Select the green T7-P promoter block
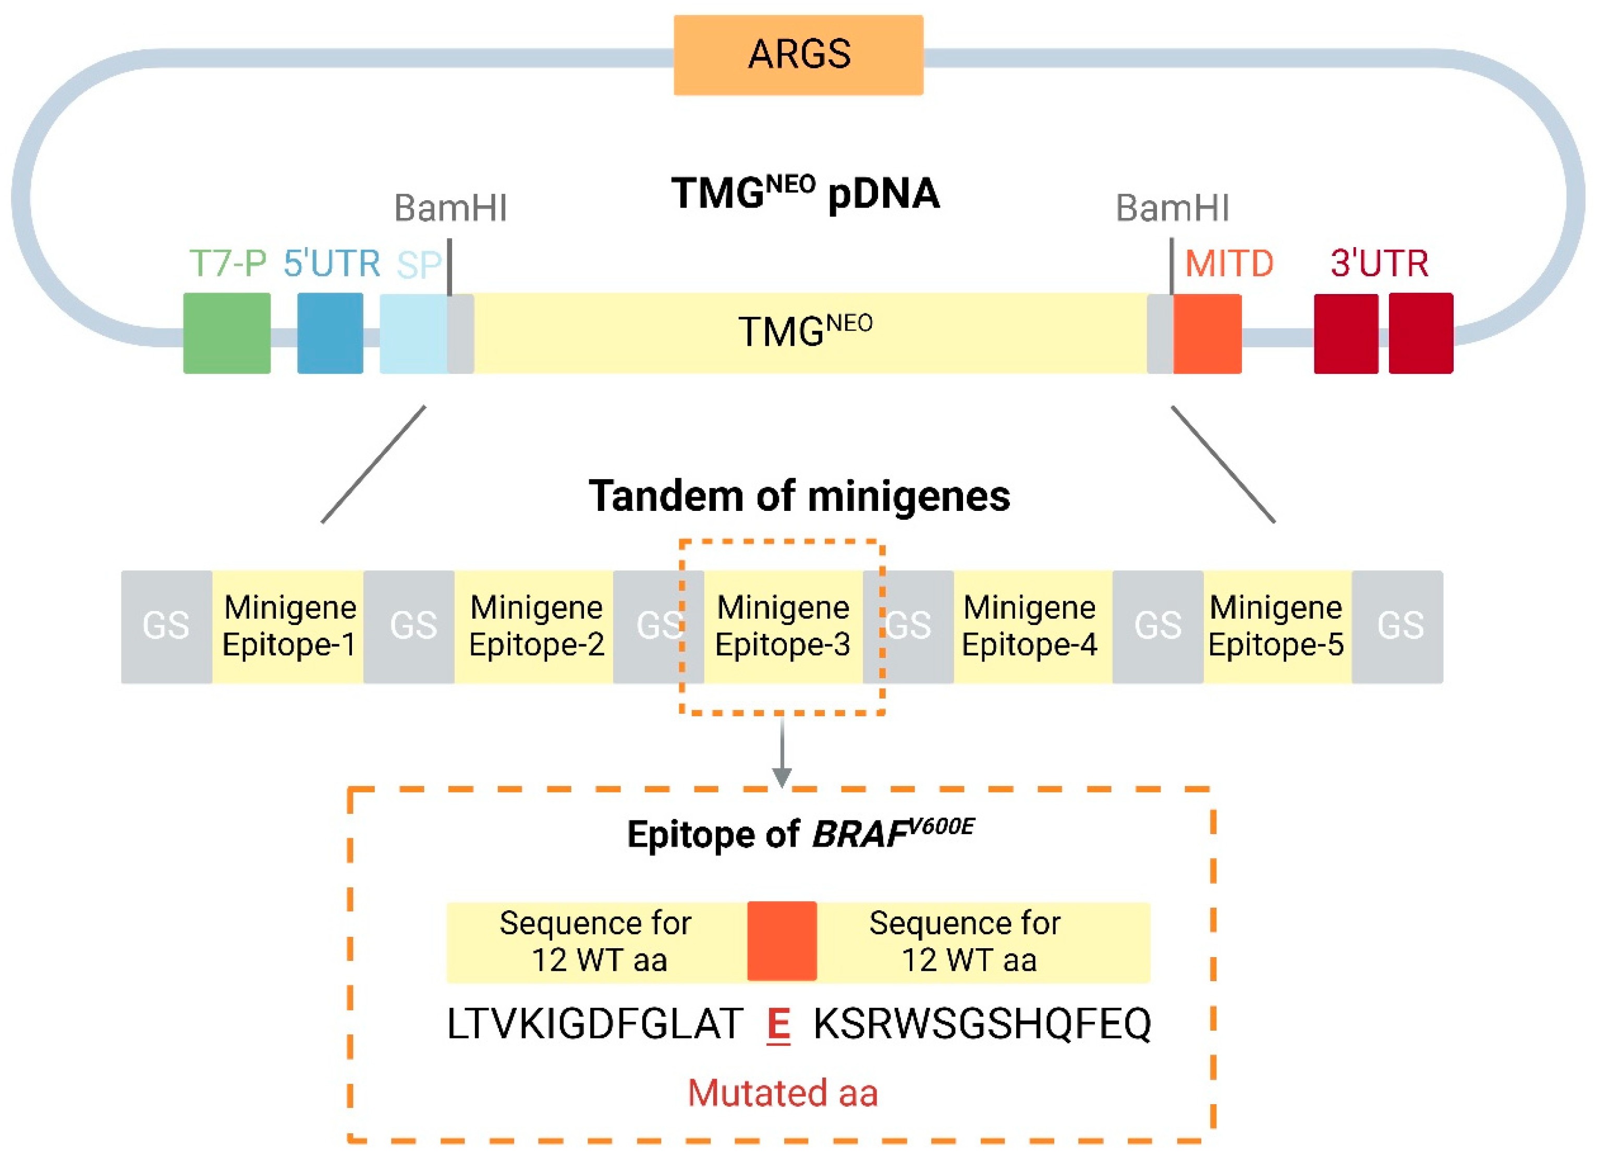click(227, 333)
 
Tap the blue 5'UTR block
click(330, 333)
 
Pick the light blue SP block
click(413, 333)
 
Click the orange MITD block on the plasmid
click(1207, 333)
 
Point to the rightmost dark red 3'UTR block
click(1420, 333)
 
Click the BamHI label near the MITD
click(1173, 209)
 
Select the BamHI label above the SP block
click(450, 209)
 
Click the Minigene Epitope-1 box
click(289, 626)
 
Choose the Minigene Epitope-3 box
click(783, 626)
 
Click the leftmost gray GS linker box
click(166, 626)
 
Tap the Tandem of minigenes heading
click(799, 496)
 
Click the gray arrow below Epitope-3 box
click(782, 753)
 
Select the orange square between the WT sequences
click(782, 941)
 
